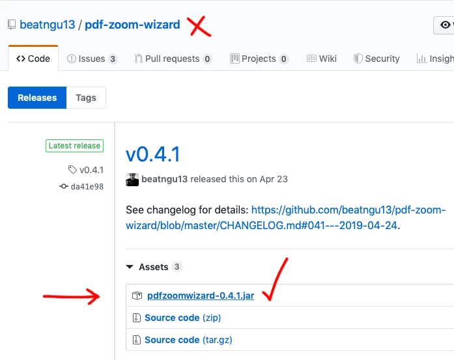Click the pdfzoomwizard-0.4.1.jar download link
[201, 296]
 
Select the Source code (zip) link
[182, 318]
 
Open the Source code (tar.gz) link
[188, 340]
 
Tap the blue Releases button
[37, 98]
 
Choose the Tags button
[86, 98]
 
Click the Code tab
[33, 59]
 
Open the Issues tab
[92, 59]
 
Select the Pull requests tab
[173, 59]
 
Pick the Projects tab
[259, 59]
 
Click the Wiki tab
[322, 59]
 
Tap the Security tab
[376, 59]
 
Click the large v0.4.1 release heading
[153, 154]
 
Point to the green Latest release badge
[74, 146]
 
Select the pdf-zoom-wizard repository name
[132, 25]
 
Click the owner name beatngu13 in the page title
[47, 25]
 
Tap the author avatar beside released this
[132, 180]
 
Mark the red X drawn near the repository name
[199, 26]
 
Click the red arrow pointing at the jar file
[71, 296]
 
